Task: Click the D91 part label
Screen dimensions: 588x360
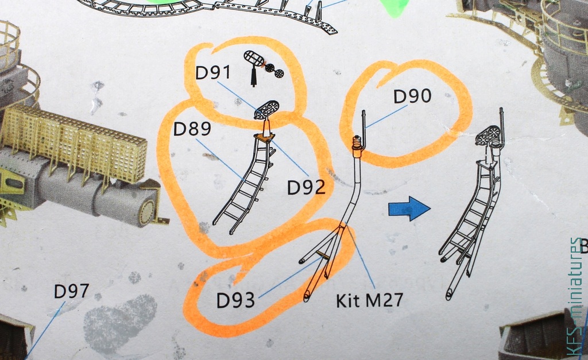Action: tap(212, 73)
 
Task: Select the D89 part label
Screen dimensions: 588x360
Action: tap(192, 129)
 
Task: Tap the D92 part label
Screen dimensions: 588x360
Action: tap(306, 187)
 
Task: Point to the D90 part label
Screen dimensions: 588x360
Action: tap(412, 96)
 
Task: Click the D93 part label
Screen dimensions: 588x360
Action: tap(235, 300)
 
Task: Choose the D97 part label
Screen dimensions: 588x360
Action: tap(71, 291)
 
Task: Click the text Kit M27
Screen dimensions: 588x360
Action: tap(369, 300)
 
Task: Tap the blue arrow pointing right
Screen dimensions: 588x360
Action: tap(409, 208)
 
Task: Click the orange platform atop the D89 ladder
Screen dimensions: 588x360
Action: tap(265, 138)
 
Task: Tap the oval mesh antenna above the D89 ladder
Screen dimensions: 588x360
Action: tap(267, 110)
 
